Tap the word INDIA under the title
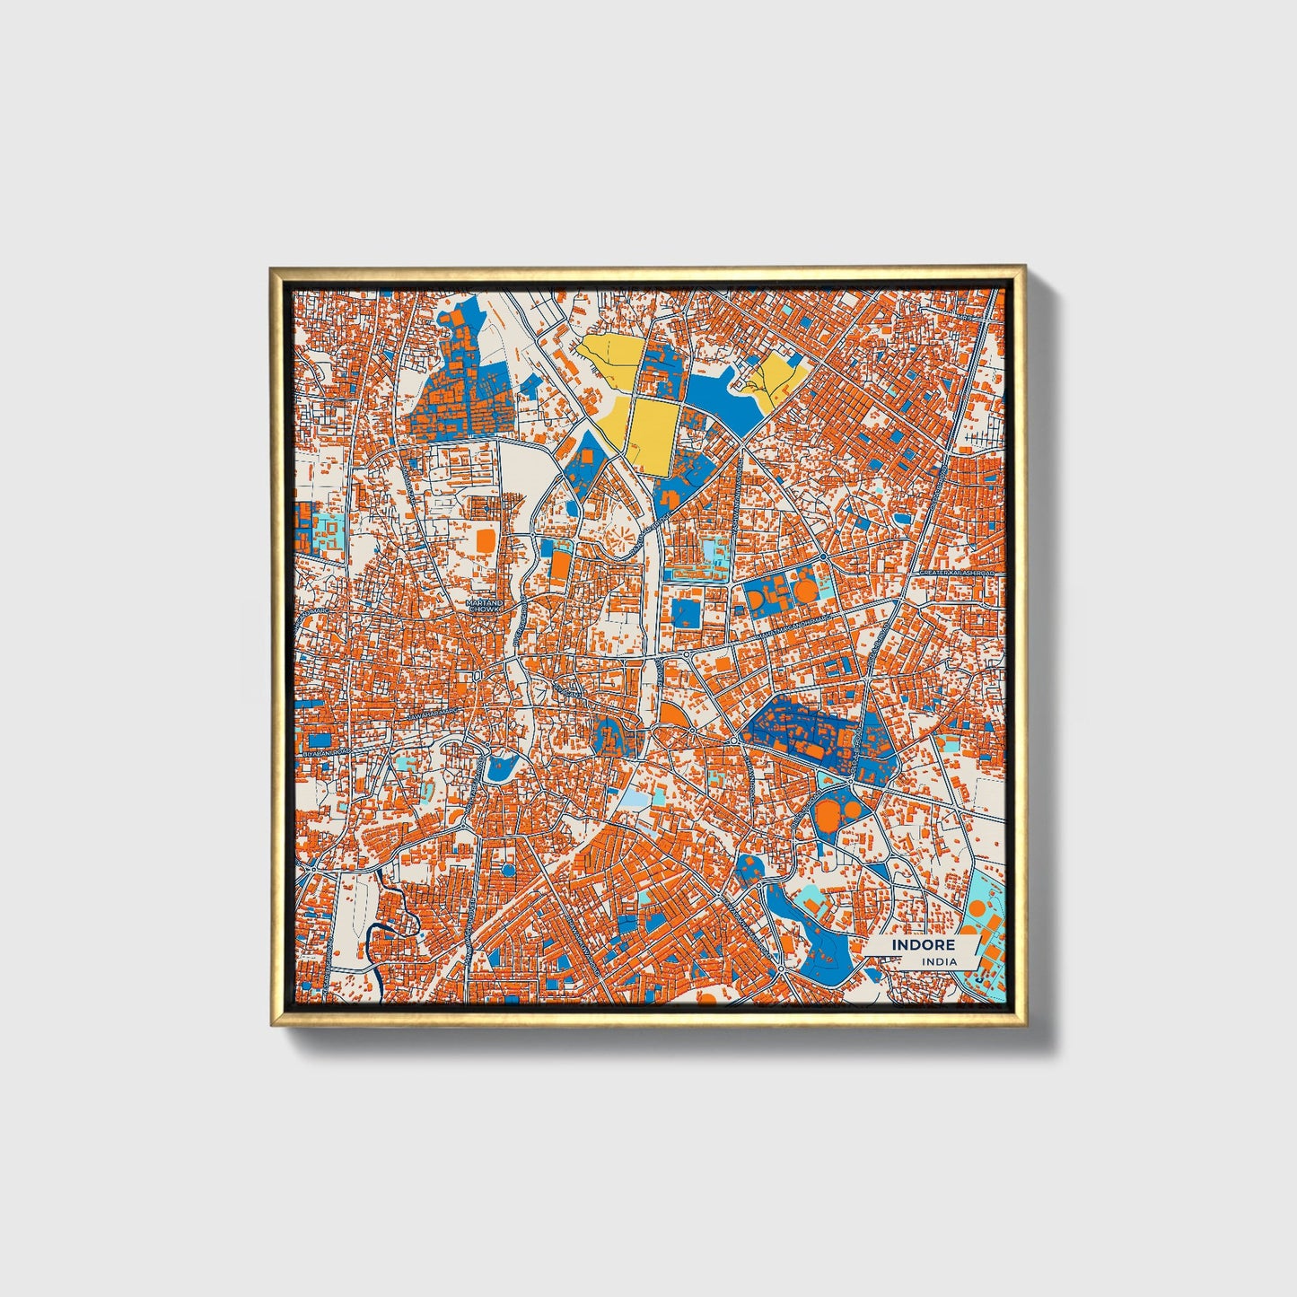pyautogui.click(x=939, y=961)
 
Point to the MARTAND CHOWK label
pyautogui.click(x=483, y=606)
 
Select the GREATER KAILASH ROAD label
pyautogui.click(x=957, y=572)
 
